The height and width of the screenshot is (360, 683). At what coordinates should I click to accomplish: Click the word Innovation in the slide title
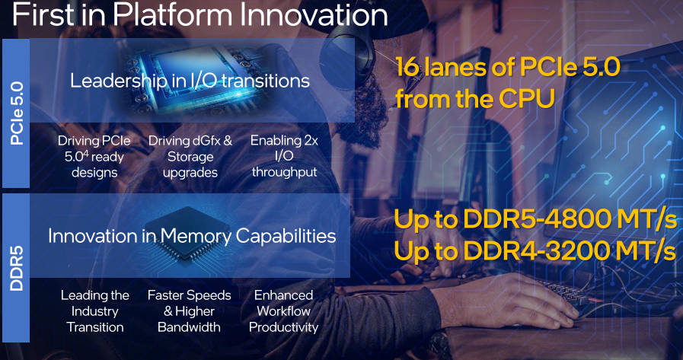(x=314, y=14)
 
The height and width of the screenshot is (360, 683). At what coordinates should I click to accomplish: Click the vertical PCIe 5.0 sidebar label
(x=17, y=113)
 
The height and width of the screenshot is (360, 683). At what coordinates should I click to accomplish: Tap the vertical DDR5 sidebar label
(x=17, y=269)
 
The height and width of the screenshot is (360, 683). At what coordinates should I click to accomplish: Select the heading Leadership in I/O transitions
(x=190, y=81)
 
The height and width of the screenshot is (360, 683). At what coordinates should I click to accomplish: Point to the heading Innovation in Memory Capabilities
(x=192, y=235)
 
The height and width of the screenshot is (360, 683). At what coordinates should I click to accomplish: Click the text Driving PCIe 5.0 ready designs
(x=94, y=156)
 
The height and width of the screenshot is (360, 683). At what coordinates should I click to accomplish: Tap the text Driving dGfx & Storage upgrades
(x=190, y=156)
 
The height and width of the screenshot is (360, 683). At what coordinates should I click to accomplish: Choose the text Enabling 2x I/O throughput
(x=284, y=156)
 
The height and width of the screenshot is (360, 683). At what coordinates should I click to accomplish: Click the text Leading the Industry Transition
(x=95, y=311)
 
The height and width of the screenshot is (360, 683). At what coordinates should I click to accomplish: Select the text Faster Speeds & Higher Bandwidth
(x=189, y=311)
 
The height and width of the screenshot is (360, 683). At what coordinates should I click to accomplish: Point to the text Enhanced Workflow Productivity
(x=283, y=311)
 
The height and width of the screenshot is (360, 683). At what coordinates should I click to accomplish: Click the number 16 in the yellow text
(x=407, y=68)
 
